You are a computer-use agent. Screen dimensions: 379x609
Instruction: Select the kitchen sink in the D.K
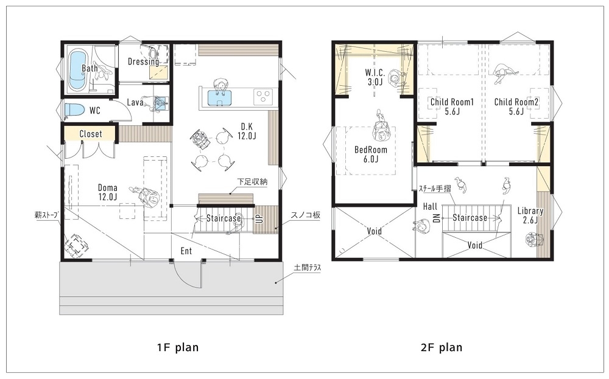[219, 97]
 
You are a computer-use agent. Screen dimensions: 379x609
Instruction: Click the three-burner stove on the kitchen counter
[263, 96]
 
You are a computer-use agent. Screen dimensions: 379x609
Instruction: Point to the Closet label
[91, 133]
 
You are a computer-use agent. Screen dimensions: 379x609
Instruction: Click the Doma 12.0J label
[107, 192]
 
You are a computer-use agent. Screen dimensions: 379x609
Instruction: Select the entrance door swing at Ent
[186, 274]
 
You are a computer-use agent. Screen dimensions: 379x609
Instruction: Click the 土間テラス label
[307, 267]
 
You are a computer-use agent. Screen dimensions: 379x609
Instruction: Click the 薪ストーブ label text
[47, 215]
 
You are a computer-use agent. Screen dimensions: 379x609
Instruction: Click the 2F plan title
[442, 348]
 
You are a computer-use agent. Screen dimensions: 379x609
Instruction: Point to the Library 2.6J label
[530, 215]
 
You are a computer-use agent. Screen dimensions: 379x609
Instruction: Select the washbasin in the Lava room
[160, 103]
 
